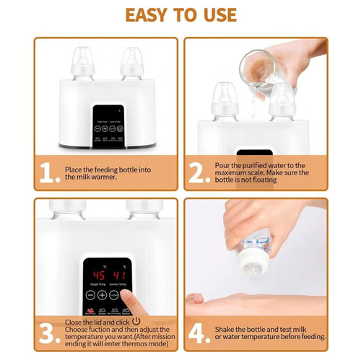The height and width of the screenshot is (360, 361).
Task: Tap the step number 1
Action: (x=48, y=172)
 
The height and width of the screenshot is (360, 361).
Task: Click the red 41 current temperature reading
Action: (x=121, y=276)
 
